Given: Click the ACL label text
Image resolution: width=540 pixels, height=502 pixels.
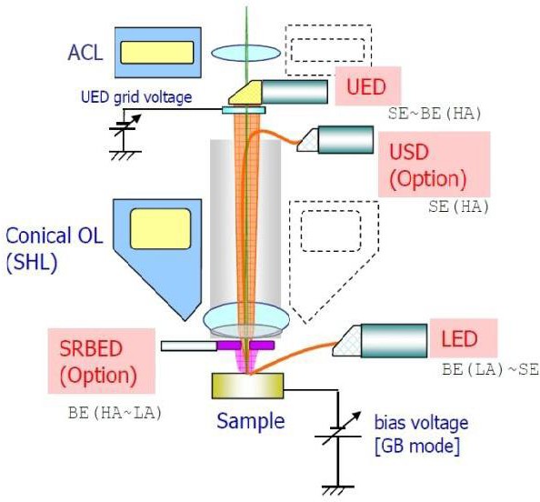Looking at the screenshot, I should tap(85, 50).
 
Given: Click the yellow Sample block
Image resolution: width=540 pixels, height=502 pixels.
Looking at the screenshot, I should tap(245, 386).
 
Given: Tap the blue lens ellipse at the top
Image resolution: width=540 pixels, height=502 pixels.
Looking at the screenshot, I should tap(245, 52).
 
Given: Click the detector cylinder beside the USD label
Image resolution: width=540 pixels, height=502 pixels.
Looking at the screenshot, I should tap(345, 139).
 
